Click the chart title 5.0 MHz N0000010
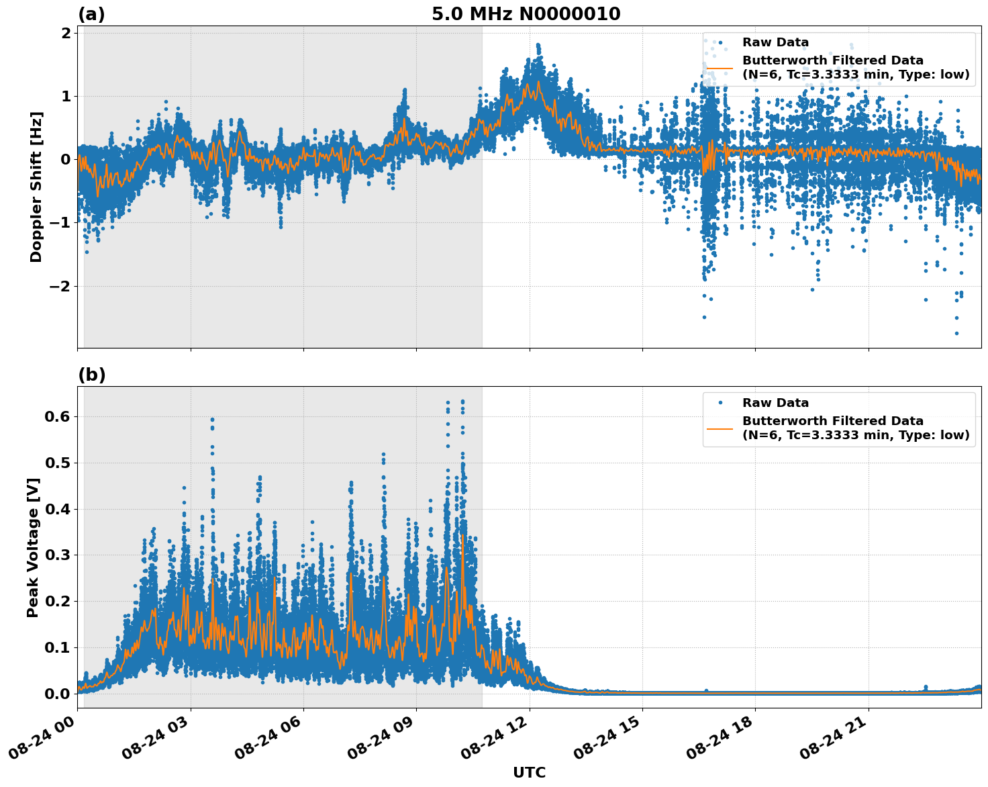(x=526, y=14)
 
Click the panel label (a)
(x=91, y=14)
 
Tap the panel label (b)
(x=91, y=375)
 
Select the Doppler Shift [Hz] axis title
(x=36, y=187)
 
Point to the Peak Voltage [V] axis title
(x=33, y=547)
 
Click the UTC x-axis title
(x=529, y=772)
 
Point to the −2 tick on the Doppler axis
(x=60, y=286)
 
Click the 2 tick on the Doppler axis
(x=66, y=34)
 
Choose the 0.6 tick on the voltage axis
(x=57, y=416)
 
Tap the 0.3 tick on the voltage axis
(x=57, y=555)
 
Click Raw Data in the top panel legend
(x=775, y=42)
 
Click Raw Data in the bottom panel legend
(x=775, y=403)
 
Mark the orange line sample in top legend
(x=720, y=67)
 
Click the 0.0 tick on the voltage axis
(x=57, y=694)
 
